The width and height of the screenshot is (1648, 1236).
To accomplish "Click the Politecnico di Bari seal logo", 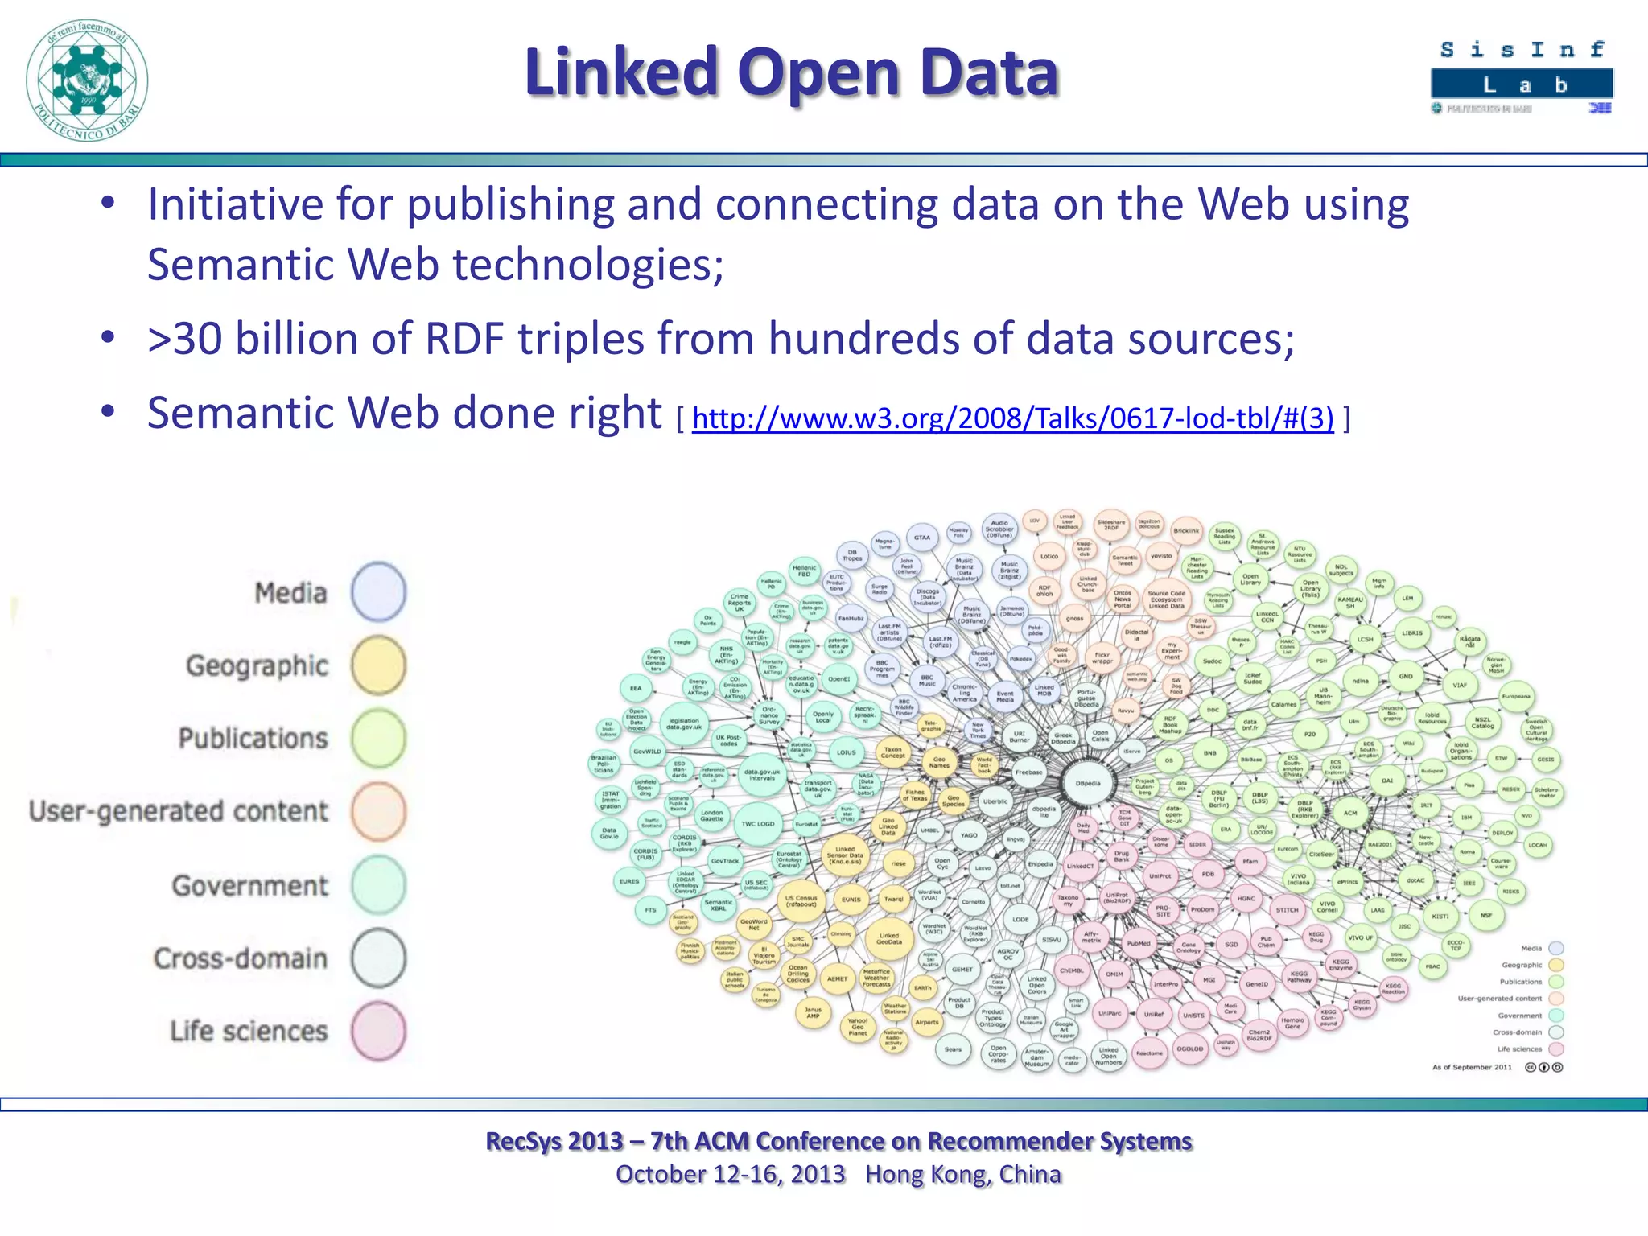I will (x=87, y=80).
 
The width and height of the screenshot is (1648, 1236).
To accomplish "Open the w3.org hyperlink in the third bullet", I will (x=1012, y=418).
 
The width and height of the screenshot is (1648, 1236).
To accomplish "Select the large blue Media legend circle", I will (x=378, y=592).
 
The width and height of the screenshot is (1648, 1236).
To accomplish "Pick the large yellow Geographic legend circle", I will (x=378, y=665).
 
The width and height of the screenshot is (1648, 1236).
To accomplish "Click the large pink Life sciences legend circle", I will (x=378, y=1031).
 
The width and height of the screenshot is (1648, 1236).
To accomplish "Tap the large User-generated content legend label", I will (x=179, y=811).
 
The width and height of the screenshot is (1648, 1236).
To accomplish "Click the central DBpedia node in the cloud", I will (x=1088, y=783).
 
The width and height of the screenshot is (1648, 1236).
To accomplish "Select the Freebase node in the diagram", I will (x=1028, y=772).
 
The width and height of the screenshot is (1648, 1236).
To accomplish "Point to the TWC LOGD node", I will (x=757, y=824).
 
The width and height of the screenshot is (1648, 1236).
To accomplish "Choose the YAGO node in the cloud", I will (x=969, y=835).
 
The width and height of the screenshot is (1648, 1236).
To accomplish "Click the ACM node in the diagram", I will (x=1349, y=813).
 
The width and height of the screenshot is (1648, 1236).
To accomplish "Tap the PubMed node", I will (x=1139, y=943).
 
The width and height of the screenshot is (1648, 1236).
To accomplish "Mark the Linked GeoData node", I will (x=888, y=939).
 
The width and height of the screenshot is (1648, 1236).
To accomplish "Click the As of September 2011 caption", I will (x=1472, y=1067).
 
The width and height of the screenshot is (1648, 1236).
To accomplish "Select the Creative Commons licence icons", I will (x=1544, y=1067).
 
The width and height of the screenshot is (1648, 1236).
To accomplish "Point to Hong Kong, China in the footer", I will (x=963, y=1175).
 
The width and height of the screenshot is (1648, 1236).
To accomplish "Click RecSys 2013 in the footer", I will (x=554, y=1141).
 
